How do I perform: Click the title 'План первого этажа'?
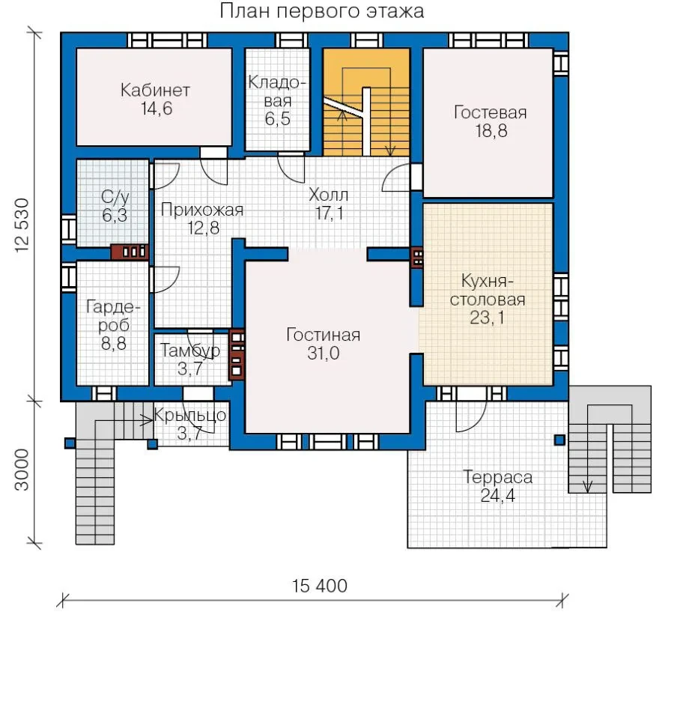point(322,11)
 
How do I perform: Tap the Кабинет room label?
point(155,90)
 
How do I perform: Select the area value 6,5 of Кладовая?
point(278,119)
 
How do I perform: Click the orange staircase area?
point(366,102)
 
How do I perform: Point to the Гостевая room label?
point(491,112)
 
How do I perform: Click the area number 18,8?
point(491,131)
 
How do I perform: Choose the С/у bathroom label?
point(115,198)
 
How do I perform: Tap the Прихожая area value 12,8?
point(204,228)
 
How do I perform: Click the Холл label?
point(328,195)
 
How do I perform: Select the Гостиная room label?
point(324,335)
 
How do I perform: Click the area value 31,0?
point(324,354)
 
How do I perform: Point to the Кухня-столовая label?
point(488,290)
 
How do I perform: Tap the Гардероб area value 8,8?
point(114,344)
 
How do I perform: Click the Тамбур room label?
point(190,351)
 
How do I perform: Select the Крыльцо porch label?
point(189,416)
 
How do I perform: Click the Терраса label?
point(498,477)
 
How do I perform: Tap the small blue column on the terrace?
point(559,440)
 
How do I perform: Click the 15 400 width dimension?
point(320,586)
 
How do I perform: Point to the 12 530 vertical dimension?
point(22,225)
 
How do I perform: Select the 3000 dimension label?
point(22,470)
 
